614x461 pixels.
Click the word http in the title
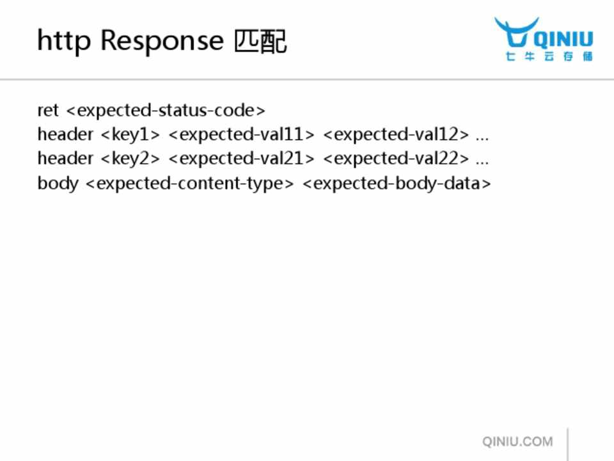[x=64, y=41]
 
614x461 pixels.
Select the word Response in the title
[x=162, y=41]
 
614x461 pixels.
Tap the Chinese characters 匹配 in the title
[x=260, y=41]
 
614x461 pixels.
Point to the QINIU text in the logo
[x=564, y=39]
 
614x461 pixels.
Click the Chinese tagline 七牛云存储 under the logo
[x=549, y=56]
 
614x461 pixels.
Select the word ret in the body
[x=48, y=111]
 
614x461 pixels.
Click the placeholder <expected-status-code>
[x=166, y=111]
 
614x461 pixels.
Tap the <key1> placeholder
[x=130, y=135]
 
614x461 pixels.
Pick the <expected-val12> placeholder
[x=396, y=135]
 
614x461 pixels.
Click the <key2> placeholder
[x=130, y=159]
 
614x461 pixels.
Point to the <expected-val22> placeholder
[x=396, y=159]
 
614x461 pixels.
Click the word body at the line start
[x=58, y=184]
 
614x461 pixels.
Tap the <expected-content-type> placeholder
[x=189, y=184]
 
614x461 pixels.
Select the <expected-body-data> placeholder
[x=397, y=184]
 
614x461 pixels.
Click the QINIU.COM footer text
[x=517, y=442]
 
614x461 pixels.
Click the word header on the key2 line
[x=65, y=159]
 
